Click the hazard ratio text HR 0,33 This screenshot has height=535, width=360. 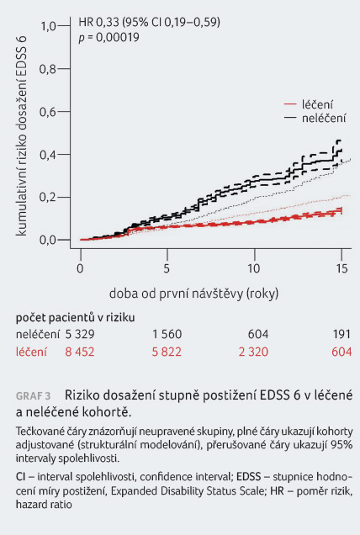[x=98, y=22]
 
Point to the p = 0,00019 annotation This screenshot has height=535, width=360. [x=109, y=37]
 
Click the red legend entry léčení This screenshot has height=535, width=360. [x=317, y=104]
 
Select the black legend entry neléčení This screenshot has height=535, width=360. [x=324, y=118]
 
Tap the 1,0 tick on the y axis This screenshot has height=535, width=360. [x=49, y=26]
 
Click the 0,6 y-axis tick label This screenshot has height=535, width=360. [x=48, y=112]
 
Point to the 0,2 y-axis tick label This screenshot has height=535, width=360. [x=48, y=197]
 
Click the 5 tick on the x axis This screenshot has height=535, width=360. [x=167, y=268]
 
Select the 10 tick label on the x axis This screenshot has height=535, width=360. [x=254, y=268]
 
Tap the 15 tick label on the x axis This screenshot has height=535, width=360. [x=341, y=268]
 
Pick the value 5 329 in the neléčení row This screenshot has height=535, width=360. [x=80, y=334]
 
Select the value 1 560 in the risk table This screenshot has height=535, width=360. [x=167, y=334]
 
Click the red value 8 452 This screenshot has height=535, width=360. [x=80, y=352]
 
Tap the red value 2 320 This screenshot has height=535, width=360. [x=253, y=352]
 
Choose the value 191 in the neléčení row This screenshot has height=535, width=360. [x=341, y=334]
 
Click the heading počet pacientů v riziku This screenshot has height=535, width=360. [x=75, y=318]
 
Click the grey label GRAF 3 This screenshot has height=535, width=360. [x=33, y=396]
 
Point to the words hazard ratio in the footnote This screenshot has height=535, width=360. [x=44, y=504]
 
